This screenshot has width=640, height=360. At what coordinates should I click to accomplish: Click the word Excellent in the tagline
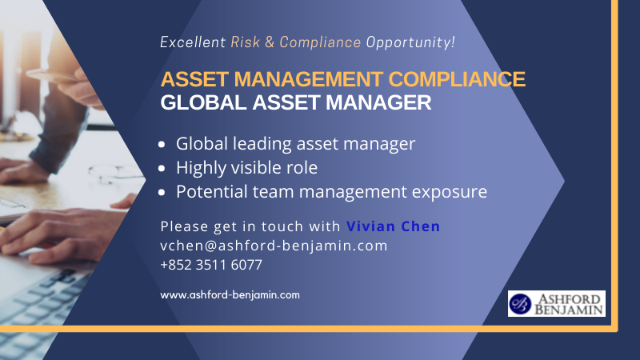click(x=193, y=42)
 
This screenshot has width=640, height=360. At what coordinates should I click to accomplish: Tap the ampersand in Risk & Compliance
click(x=270, y=42)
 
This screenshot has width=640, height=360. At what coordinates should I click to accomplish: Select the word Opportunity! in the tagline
click(x=410, y=43)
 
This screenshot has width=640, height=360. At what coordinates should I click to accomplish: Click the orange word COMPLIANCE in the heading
click(x=457, y=79)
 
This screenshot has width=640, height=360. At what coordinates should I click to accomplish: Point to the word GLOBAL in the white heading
click(x=203, y=102)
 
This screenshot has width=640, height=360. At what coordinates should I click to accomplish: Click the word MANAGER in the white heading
click(x=378, y=102)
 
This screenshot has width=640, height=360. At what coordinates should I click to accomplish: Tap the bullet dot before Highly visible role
click(x=162, y=168)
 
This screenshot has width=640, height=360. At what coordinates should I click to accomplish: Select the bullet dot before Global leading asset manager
click(x=162, y=144)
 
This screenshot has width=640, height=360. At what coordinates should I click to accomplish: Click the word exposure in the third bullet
click(x=450, y=193)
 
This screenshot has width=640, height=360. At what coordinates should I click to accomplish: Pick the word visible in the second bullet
click(x=254, y=167)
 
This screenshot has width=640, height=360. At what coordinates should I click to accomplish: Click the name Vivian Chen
click(x=393, y=226)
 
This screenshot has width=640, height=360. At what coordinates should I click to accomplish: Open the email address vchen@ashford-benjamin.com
click(x=274, y=246)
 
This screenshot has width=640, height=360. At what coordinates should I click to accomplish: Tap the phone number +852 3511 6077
click(x=211, y=265)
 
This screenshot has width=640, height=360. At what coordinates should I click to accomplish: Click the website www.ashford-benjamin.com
click(x=230, y=295)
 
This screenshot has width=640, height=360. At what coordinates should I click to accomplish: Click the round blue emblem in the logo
click(x=520, y=304)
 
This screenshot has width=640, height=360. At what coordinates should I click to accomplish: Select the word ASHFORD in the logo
click(x=570, y=298)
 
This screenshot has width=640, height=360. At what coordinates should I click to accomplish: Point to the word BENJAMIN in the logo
click(x=569, y=310)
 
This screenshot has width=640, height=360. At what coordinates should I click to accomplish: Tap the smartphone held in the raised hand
click(x=53, y=74)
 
